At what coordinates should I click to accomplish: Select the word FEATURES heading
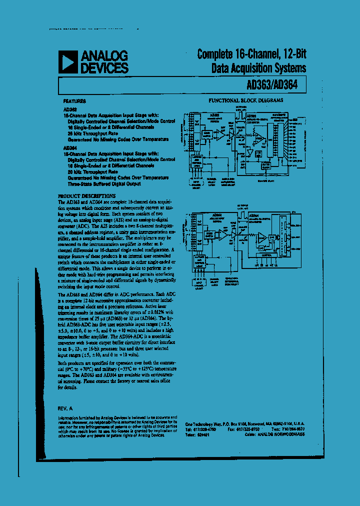(75, 100)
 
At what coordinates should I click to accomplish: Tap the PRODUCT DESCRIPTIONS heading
(87, 196)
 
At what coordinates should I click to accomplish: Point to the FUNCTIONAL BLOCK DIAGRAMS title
(245, 100)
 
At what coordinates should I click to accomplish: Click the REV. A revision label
(66, 408)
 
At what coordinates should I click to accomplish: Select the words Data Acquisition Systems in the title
(258, 68)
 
